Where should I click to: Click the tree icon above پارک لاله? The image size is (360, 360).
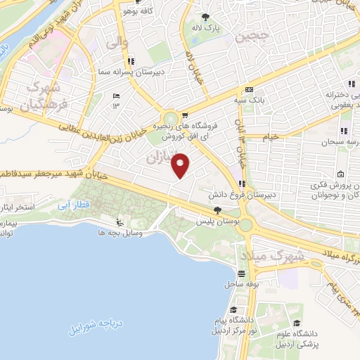pyautogui.click(x=205, y=16)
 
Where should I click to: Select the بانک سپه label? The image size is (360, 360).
pyautogui.click(x=250, y=101)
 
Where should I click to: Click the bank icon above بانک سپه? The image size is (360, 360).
pyautogui.click(x=250, y=90)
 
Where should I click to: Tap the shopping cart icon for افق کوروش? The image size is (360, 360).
pyautogui.click(x=184, y=116)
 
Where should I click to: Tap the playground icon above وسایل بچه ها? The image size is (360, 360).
pyautogui.click(x=120, y=224)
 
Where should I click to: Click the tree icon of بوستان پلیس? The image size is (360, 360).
pyautogui.click(x=217, y=210)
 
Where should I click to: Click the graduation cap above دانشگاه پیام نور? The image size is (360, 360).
pyautogui.click(x=233, y=310)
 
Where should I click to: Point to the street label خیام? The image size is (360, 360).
pyautogui.click(x=271, y=136)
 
